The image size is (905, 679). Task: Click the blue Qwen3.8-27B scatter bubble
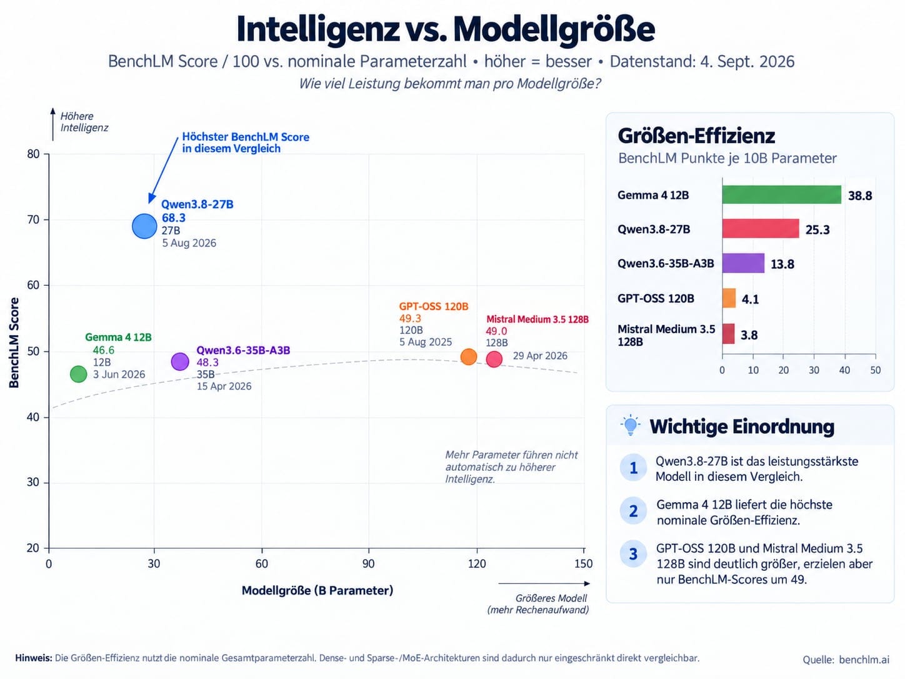pos(144,226)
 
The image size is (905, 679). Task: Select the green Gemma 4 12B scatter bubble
pos(78,374)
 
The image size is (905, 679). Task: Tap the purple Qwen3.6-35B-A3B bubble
pos(180,361)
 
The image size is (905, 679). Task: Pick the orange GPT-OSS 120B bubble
pos(468,356)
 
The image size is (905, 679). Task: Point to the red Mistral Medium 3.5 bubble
pos(494,360)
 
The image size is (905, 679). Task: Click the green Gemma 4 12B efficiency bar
pos(781,194)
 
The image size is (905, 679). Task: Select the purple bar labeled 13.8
pos(743,263)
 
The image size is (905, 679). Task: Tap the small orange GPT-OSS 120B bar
pos(729,298)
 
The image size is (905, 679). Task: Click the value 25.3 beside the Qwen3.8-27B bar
pos(817,229)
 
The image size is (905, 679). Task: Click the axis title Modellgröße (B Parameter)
pos(317,591)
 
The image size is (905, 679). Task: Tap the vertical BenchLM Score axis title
pos(14,343)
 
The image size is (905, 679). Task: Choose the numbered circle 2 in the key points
pos(633,511)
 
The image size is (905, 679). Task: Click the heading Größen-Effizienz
pos(696,136)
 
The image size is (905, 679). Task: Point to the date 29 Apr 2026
pos(540,356)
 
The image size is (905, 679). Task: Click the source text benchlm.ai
pos(864,660)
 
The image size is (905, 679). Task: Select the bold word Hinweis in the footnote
pos(33,658)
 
